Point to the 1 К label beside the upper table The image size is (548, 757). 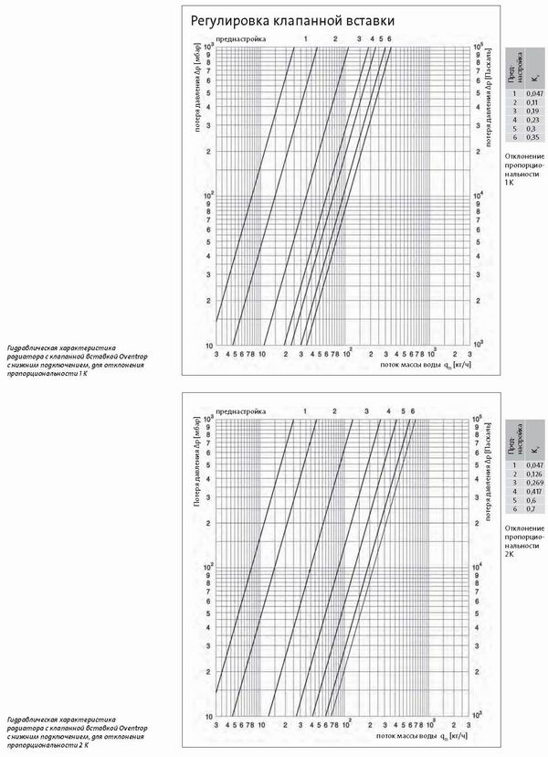(x=510, y=183)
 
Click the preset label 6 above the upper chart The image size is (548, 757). (x=389, y=38)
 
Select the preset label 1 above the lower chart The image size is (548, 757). (x=304, y=411)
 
